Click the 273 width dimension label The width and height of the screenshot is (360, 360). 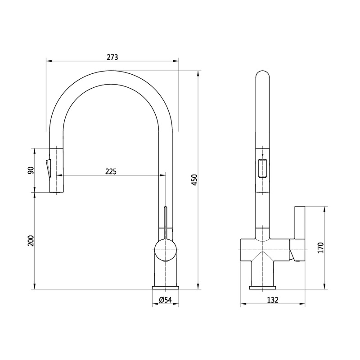pos(112,57)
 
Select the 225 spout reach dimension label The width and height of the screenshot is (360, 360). pos(111,171)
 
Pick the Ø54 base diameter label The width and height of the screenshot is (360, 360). pos(166,300)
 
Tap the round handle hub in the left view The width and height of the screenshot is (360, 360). pos(166,250)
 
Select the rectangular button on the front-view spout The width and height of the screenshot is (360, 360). pos(262,169)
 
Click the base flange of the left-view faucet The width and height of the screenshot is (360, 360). pos(166,287)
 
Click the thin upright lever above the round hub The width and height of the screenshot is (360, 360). pos(166,220)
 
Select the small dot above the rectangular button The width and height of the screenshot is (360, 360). pos(262,154)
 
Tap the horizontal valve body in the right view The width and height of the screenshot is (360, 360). pos(265,250)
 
